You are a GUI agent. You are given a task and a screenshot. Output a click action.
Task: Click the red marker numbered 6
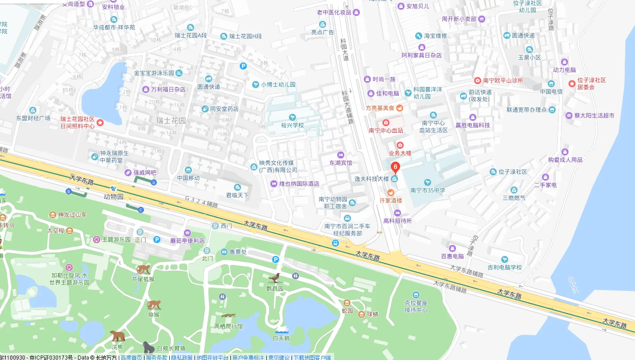tap(395, 167)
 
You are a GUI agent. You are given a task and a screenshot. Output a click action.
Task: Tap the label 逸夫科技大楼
tap(371, 179)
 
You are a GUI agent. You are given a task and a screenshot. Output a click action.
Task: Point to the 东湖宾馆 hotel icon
tap(340, 155)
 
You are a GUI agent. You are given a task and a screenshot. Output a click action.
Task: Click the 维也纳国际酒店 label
tap(299, 184)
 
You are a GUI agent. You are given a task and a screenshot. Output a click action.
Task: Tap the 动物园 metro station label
tap(113, 197)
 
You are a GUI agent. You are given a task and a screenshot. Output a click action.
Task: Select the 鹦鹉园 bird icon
tap(275, 278)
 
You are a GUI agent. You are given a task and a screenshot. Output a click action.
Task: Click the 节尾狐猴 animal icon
tap(143, 269)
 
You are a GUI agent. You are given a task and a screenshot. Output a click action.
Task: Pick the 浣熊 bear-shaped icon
tap(117, 335)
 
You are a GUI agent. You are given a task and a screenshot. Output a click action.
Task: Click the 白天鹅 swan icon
tap(281, 330)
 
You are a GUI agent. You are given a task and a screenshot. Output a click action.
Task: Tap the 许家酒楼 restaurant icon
tap(390, 193)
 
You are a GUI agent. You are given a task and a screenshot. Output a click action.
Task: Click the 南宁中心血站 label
tap(386, 131)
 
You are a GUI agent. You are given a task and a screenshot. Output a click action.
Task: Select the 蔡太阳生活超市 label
tap(594, 116)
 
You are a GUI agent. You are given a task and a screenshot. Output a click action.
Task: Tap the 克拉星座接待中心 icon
tap(416, 295)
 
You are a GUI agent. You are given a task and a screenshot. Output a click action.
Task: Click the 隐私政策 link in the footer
tap(182, 357)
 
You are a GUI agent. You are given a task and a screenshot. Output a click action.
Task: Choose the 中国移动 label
tap(188, 178)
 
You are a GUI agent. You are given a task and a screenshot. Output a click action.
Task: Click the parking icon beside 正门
tap(156, 240)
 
